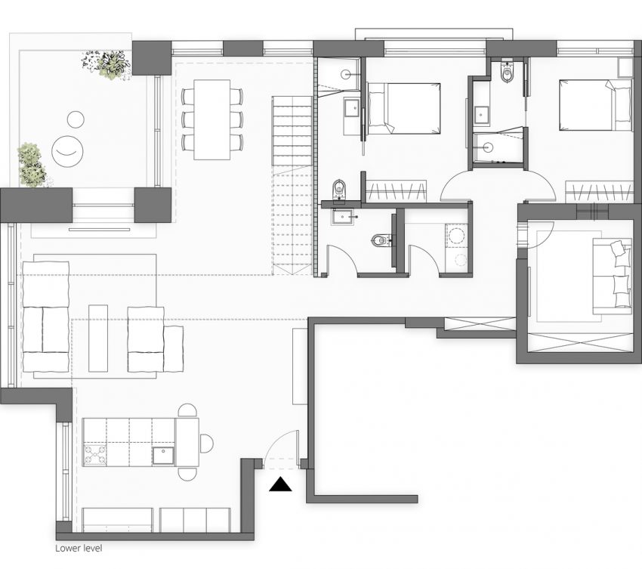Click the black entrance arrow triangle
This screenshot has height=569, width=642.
[281, 485]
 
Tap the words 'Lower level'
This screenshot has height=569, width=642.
[79, 549]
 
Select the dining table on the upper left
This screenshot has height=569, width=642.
[212, 119]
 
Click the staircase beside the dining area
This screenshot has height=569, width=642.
[292, 186]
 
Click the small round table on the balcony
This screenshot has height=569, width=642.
[76, 119]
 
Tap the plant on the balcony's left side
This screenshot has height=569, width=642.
[30, 165]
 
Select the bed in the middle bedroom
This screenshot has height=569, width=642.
[403, 108]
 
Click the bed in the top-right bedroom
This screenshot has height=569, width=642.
[594, 105]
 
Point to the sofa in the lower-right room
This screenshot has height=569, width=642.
[612, 275]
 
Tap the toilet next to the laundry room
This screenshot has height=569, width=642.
[380, 241]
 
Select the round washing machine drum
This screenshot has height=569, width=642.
[457, 237]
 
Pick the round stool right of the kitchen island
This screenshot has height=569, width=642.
[206, 444]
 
